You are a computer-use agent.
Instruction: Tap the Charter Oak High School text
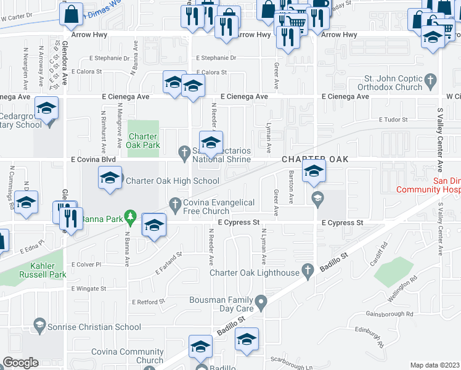(172, 181)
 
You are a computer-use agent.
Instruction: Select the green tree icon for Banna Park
(129, 216)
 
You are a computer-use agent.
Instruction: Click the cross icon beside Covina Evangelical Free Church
(176, 203)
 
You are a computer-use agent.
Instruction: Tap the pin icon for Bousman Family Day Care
(261, 302)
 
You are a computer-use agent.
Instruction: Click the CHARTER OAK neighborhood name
(316, 159)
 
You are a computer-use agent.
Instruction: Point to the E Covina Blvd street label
(93, 159)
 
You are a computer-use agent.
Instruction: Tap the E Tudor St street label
(394, 120)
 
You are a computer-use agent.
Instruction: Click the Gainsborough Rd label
(389, 314)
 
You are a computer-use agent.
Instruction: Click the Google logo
(20, 363)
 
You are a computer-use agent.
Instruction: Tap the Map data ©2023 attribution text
(434, 365)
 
